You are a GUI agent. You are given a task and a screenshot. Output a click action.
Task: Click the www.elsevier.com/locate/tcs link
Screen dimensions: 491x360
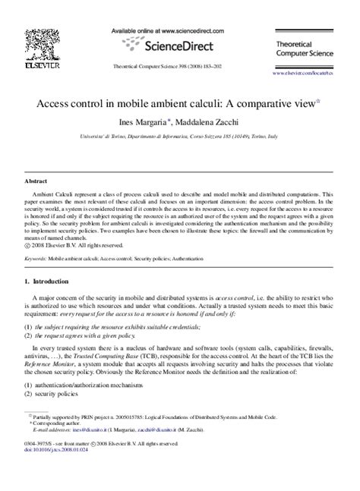click(302, 74)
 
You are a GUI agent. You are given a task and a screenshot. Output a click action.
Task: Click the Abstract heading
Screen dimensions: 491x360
click(37, 183)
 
